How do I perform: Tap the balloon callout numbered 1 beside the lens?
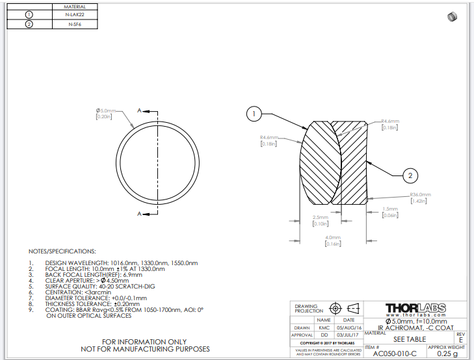254,114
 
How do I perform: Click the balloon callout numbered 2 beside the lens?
410,175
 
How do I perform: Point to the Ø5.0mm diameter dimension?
106,110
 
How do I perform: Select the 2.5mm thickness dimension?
321,217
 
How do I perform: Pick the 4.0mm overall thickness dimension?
334,237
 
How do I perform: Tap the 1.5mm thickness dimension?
389,209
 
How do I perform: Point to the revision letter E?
461,339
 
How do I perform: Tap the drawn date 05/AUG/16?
349,328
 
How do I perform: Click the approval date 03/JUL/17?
349,336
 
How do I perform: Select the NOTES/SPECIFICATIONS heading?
62,251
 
